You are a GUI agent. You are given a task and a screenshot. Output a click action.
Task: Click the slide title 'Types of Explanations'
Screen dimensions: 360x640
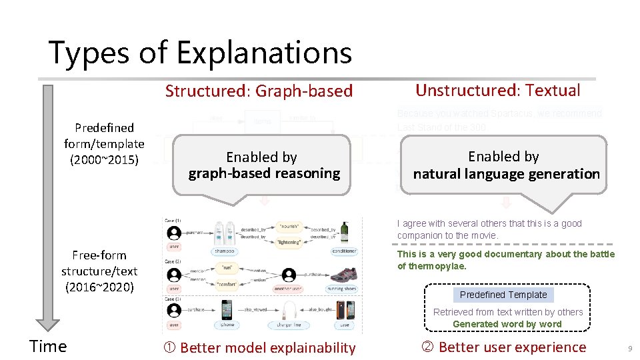point(200,53)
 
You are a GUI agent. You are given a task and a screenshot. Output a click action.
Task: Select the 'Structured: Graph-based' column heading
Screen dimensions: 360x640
point(259,91)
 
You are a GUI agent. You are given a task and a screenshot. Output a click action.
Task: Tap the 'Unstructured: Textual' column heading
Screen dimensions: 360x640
point(497,91)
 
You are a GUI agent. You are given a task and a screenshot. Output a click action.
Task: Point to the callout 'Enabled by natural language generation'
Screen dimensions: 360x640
point(505,165)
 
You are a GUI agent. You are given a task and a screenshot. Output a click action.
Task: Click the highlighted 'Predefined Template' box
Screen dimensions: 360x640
point(503,295)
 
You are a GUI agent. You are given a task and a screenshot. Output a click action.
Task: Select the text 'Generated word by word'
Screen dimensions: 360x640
point(507,324)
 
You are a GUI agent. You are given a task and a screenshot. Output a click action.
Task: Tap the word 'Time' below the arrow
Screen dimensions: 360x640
point(48,346)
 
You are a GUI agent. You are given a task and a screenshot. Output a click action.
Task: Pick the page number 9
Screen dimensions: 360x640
point(629,349)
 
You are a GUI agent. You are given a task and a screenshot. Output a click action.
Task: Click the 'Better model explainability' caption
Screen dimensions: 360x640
point(260,347)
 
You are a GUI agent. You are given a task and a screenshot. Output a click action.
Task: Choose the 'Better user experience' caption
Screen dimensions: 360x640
point(505,347)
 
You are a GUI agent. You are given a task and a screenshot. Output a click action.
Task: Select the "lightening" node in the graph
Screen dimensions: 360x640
point(289,243)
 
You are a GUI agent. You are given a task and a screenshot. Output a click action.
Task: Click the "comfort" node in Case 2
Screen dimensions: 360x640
point(229,284)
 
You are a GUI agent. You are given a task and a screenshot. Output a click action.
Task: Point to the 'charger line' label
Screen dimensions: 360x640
point(289,325)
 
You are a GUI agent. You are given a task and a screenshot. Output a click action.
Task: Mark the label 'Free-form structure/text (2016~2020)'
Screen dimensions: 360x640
point(99,271)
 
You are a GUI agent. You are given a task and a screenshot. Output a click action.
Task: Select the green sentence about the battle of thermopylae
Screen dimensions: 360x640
point(505,260)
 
